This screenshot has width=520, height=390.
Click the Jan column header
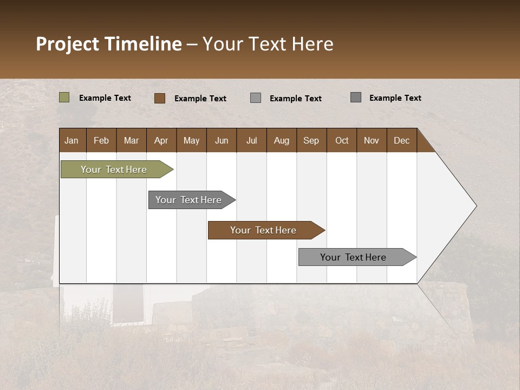tap(71, 140)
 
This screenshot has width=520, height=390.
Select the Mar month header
tap(131, 140)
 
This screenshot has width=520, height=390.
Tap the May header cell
tap(191, 140)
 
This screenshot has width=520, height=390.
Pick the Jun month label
tap(222, 140)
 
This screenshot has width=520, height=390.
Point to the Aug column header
tap(281, 140)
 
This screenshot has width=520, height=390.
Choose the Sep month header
tap(311, 140)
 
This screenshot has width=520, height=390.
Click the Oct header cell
tap(342, 140)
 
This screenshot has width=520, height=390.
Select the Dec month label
tap(401, 140)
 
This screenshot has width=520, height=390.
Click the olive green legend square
tap(64, 97)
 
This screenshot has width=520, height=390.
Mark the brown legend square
tap(159, 98)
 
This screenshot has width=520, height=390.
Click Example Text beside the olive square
tap(105, 98)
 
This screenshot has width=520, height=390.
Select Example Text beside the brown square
tap(200, 99)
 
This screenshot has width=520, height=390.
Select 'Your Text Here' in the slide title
tap(268, 44)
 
